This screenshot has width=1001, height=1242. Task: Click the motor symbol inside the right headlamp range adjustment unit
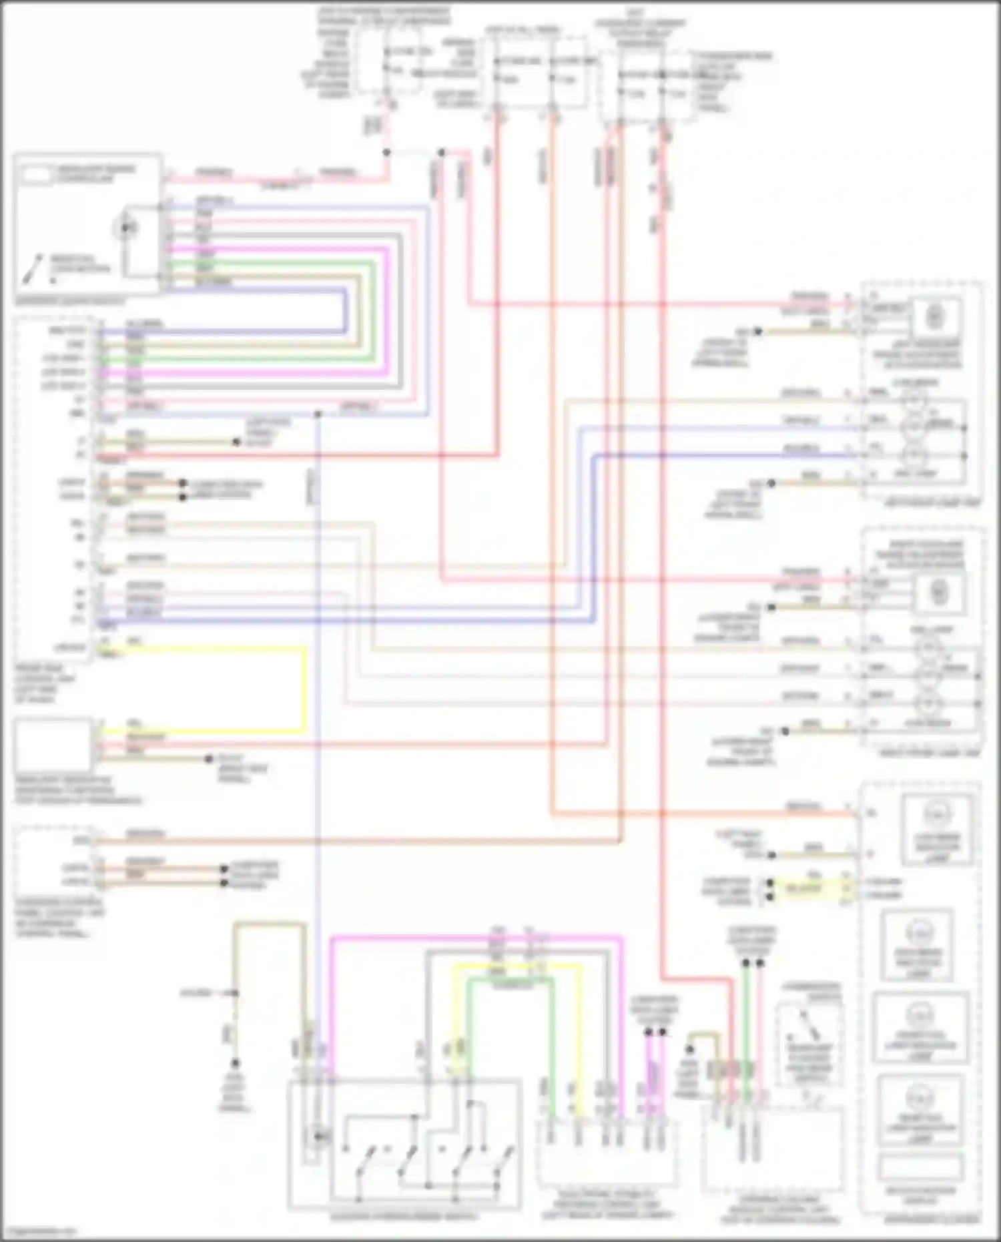[938, 591]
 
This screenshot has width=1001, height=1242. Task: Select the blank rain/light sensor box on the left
[53, 745]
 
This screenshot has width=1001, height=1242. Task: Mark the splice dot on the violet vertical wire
[318, 414]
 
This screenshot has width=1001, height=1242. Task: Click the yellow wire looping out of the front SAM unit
[305, 687]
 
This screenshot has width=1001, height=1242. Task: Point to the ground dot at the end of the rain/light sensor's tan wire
[209, 759]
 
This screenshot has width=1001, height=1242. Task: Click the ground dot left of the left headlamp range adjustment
[757, 331]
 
